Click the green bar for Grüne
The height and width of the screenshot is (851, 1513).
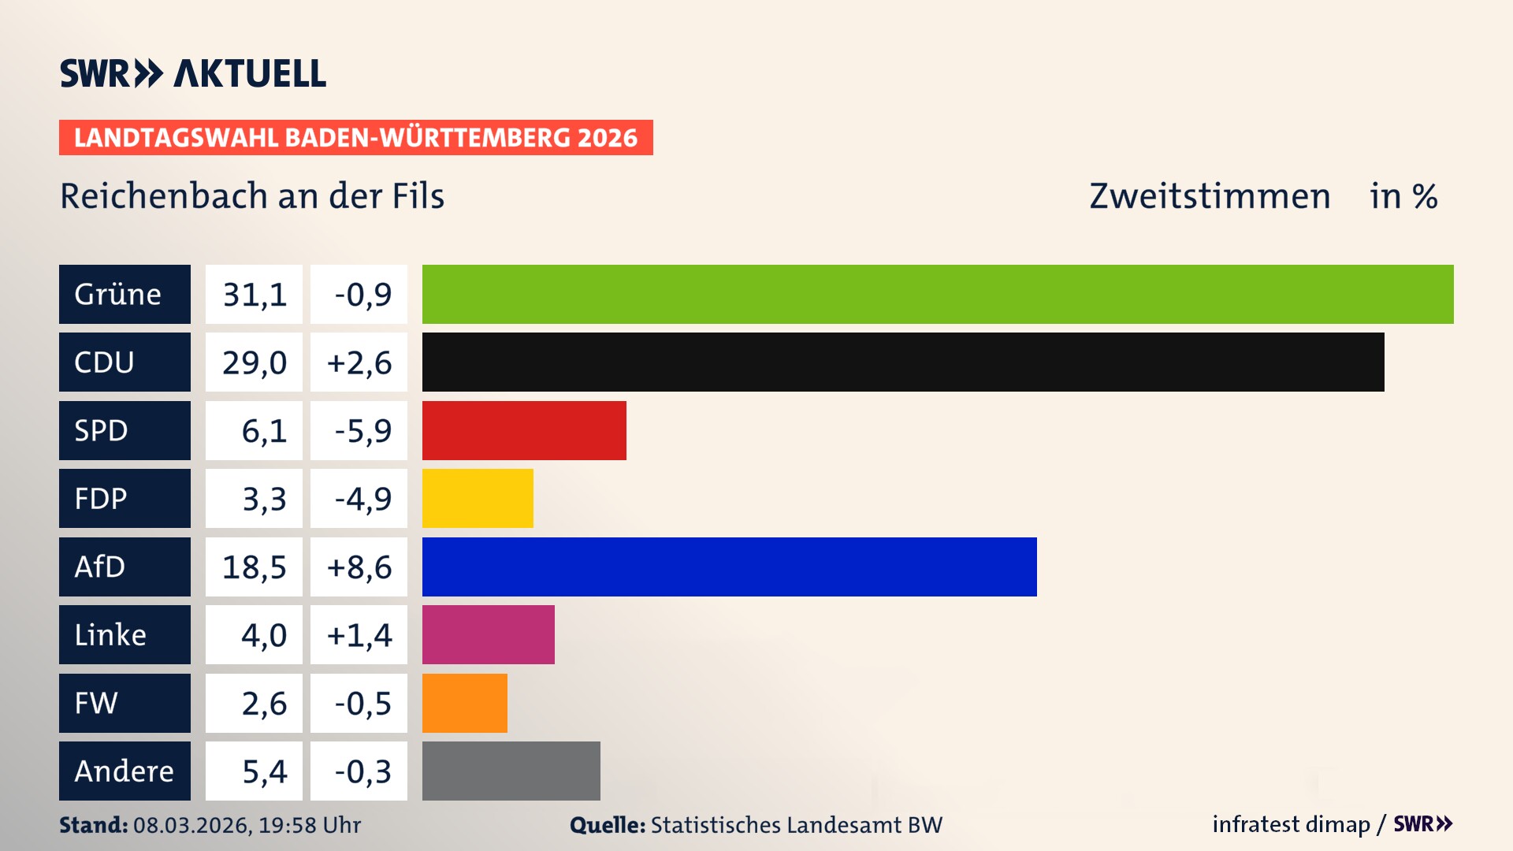tap(938, 294)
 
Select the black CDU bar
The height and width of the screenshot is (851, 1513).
tap(903, 362)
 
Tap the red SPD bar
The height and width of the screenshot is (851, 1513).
tap(524, 430)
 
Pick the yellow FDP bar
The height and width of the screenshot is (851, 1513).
tap(478, 498)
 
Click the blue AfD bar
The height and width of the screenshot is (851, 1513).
tap(729, 567)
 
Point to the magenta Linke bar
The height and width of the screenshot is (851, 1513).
tap(488, 634)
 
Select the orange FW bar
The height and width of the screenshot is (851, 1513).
tap(464, 703)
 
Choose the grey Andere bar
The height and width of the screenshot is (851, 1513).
tap(511, 771)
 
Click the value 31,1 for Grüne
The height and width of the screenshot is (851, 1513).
tap(254, 294)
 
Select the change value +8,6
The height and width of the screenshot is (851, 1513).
tap(359, 567)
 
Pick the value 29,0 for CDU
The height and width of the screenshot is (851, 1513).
tap(254, 362)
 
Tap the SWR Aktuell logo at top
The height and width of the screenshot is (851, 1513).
tap(193, 73)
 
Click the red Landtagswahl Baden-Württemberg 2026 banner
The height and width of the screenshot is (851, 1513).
tap(355, 137)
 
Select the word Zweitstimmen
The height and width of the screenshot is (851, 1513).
tap(1210, 196)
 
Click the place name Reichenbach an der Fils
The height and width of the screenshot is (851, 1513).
tap(252, 196)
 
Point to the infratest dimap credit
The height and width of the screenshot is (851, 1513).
tap(1291, 824)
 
